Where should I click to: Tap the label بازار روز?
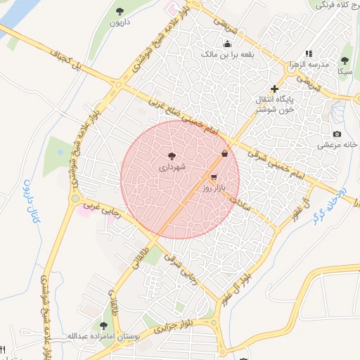(212, 188)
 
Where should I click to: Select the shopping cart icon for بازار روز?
(214, 177)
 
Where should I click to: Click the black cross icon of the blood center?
(274, 89)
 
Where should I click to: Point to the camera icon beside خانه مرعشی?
(337, 134)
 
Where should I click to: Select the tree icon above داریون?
(120, 11)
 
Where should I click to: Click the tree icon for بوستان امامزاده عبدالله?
(104, 326)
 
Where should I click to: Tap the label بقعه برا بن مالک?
(227, 54)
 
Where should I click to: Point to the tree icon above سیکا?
(345, 60)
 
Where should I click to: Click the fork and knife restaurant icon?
(3, 349)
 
